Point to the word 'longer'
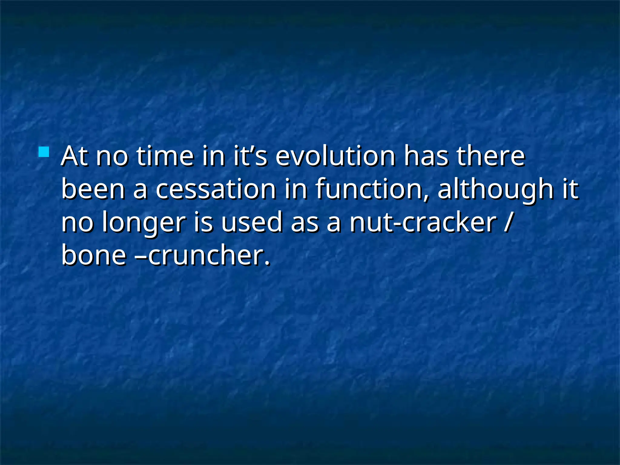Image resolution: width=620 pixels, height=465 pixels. (143, 223)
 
